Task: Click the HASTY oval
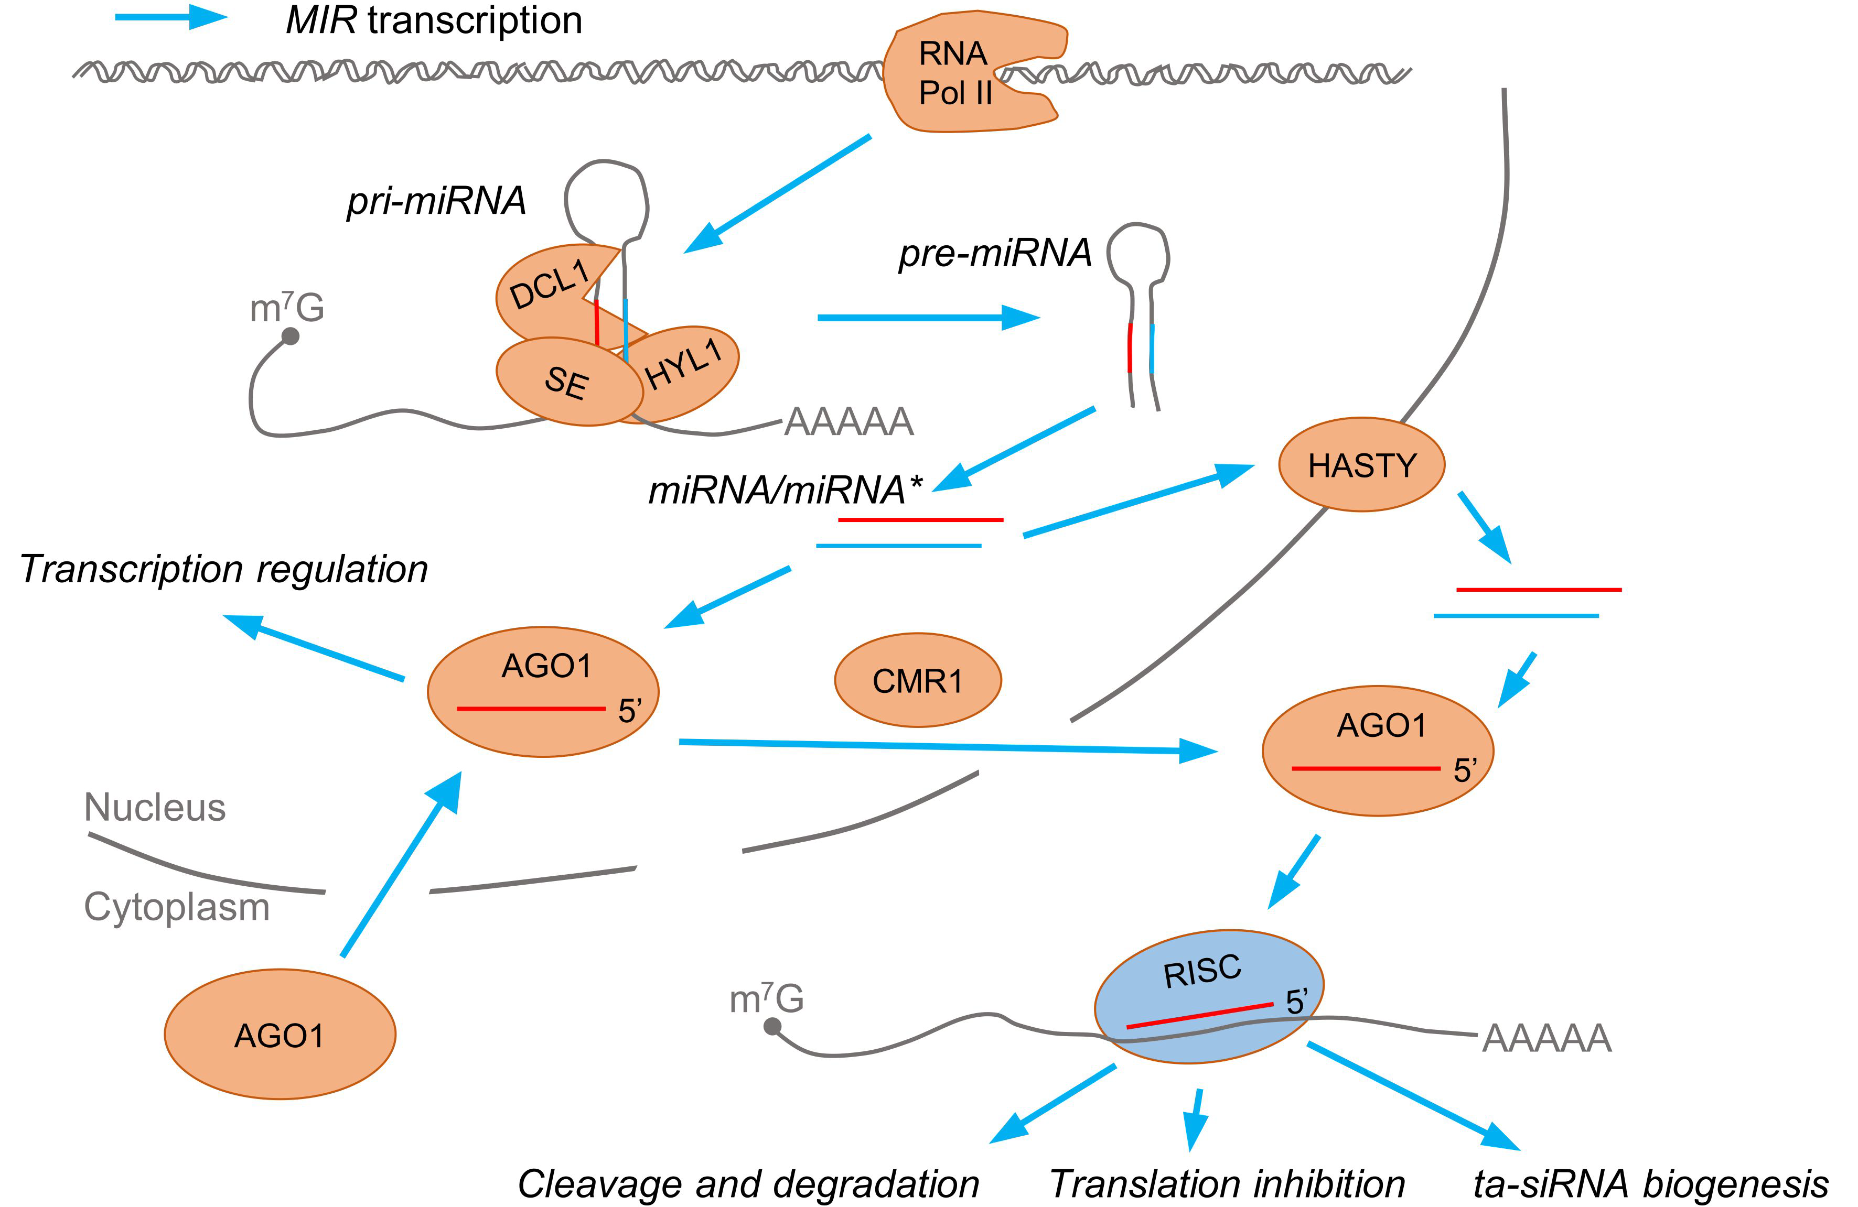pyautogui.click(x=1361, y=465)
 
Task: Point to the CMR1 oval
pyautogui.click(x=918, y=680)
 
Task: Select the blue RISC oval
pyautogui.click(x=1208, y=996)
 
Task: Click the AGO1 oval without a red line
pyautogui.click(x=280, y=1035)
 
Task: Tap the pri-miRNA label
pyautogui.click(x=436, y=201)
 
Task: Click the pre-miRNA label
pyautogui.click(x=995, y=253)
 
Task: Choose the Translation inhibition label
pyautogui.click(x=1227, y=1183)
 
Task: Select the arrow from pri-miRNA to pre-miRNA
pyautogui.click(x=929, y=318)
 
